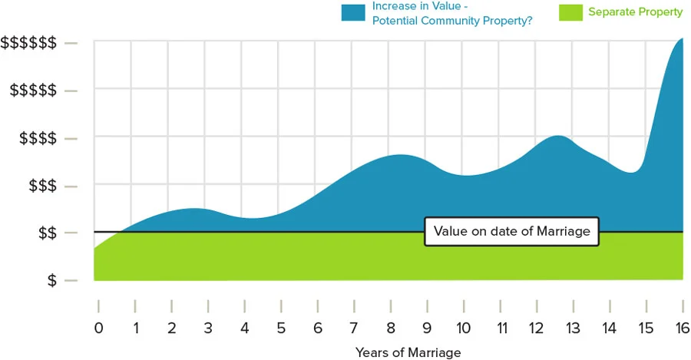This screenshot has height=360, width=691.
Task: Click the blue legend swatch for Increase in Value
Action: (x=353, y=12)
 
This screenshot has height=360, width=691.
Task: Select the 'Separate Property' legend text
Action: (x=635, y=12)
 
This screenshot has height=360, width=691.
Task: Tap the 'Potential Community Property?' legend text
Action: (x=452, y=20)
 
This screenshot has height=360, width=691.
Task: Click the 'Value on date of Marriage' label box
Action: (x=511, y=231)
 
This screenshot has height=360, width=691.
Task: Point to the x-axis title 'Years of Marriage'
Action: (x=408, y=352)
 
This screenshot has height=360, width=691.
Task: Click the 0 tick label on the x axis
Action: (x=98, y=328)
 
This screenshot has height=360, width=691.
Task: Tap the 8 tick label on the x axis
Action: (x=390, y=328)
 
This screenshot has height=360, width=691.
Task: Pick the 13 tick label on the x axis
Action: (x=573, y=328)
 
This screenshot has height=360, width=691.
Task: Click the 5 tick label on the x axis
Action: (x=281, y=328)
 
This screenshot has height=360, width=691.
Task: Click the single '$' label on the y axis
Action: (x=51, y=281)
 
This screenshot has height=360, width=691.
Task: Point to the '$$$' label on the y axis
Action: (x=41, y=186)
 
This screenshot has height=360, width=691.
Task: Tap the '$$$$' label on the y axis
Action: (x=37, y=138)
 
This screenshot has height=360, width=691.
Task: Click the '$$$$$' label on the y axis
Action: (x=32, y=91)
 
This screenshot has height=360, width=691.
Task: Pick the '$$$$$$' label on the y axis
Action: (x=28, y=43)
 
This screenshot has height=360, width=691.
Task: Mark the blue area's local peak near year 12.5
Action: (x=559, y=137)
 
